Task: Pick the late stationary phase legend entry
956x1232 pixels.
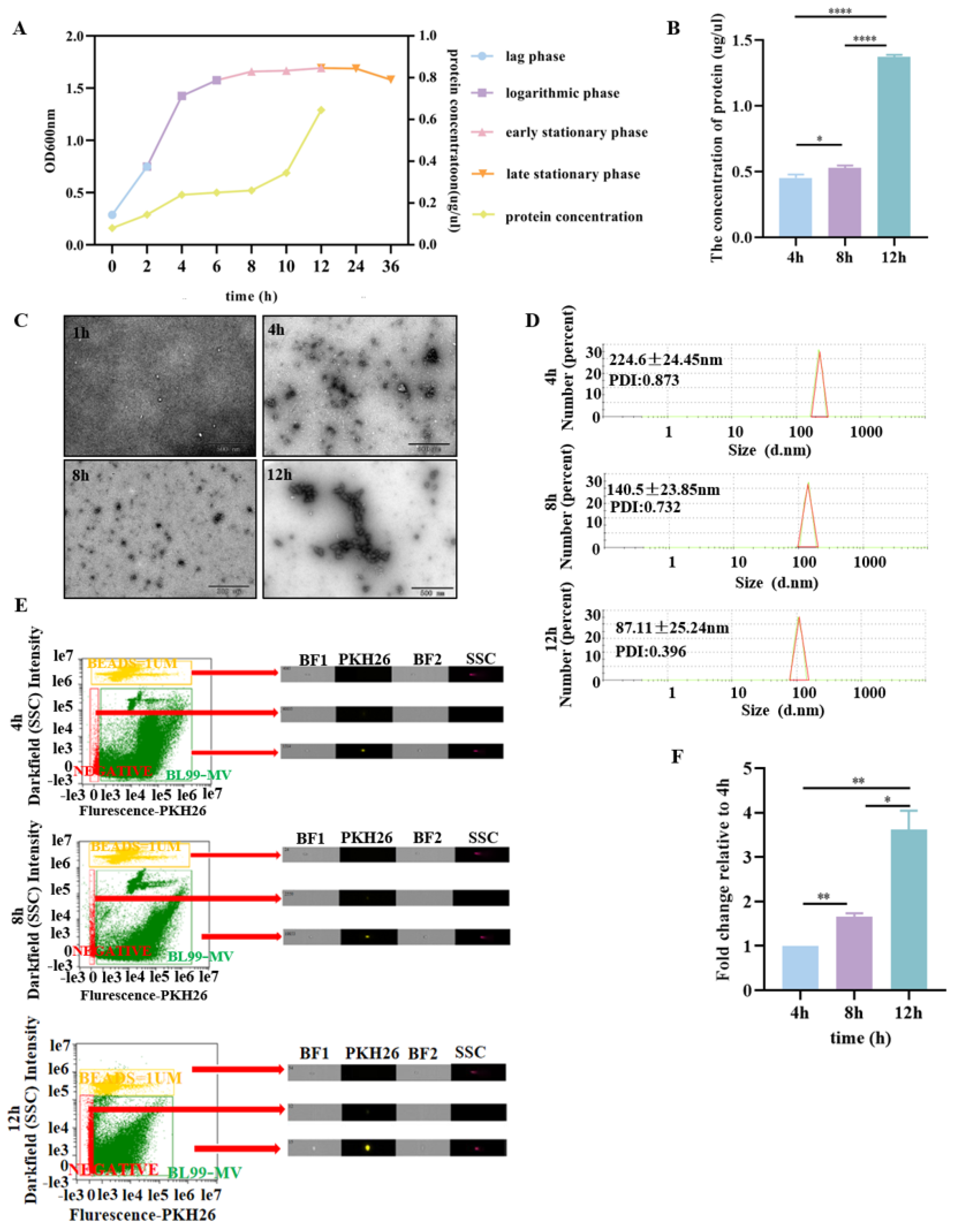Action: [572, 174]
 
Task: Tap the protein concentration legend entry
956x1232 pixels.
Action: [573, 217]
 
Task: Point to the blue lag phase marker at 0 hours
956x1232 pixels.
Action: [112, 215]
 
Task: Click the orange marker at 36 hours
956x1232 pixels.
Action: [391, 80]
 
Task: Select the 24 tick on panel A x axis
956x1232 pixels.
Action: [355, 266]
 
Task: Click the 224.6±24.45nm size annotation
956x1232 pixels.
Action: [665, 359]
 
